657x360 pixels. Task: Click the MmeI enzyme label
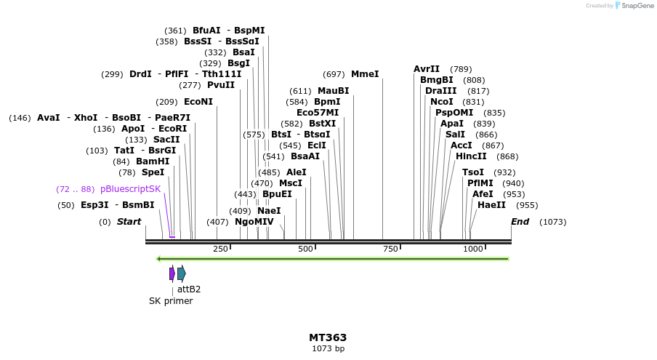365,74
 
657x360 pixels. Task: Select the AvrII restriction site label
427,69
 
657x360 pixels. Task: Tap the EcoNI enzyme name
198,102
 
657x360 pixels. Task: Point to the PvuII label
221,85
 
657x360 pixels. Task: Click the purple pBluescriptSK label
130,189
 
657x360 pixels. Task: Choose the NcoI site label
442,102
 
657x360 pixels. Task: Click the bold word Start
129,222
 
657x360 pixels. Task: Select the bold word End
520,222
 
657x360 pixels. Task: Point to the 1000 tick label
473,249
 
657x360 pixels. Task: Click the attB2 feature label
189,289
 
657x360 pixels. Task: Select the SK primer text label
171,301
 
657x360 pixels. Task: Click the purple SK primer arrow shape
172,273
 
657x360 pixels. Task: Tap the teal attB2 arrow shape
182,273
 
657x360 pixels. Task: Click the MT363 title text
328,337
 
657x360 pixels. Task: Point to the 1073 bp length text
328,349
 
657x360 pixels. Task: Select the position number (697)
334,74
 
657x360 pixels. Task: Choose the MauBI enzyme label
333,91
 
